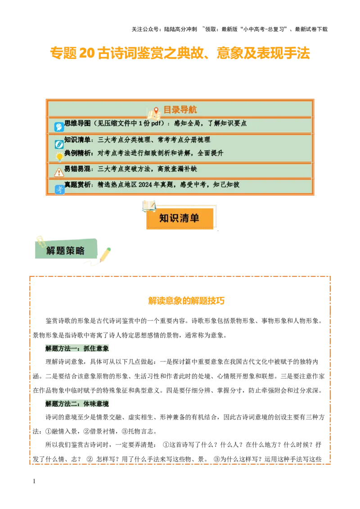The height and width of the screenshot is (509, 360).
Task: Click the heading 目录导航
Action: tap(180, 110)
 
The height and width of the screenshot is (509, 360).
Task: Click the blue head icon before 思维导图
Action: tap(59, 127)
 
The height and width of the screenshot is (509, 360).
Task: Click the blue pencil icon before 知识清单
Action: tap(59, 144)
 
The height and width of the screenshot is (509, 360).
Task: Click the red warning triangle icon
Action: tap(59, 172)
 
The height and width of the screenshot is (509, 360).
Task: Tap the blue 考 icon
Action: tap(59, 190)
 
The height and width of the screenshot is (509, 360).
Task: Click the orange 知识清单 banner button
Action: tap(179, 219)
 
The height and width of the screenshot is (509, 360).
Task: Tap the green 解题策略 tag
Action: tap(65, 250)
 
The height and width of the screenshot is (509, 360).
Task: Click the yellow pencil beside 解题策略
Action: tap(105, 254)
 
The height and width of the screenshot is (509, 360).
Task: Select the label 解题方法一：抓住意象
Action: tap(77, 348)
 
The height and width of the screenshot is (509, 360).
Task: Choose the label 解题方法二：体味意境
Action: tap(77, 404)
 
